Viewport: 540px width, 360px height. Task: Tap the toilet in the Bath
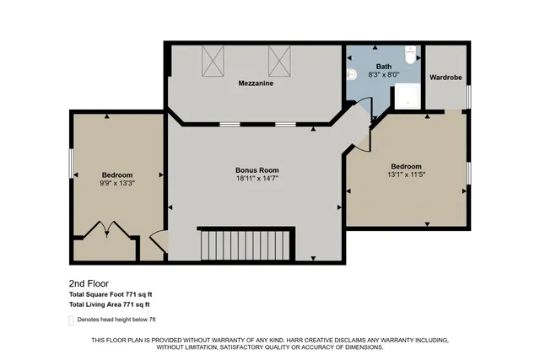pyautogui.click(x=410, y=56)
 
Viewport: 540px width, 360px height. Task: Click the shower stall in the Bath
pyautogui.click(x=408, y=97)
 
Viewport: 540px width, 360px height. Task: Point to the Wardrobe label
pyautogui.click(x=445, y=77)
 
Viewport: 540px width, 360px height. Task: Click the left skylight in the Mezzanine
pyautogui.click(x=212, y=60)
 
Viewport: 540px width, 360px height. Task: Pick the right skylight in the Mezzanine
pyautogui.click(x=279, y=60)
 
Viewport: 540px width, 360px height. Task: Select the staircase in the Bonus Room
pyautogui.click(x=246, y=244)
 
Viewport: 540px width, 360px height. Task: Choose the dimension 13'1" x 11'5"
pyautogui.click(x=406, y=175)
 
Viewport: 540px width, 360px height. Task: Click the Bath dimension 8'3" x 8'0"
pyautogui.click(x=384, y=75)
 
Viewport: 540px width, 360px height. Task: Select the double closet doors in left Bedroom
pyautogui.click(x=107, y=230)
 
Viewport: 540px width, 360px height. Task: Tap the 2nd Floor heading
pyautogui.click(x=88, y=284)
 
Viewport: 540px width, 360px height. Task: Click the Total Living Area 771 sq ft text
pyautogui.click(x=110, y=304)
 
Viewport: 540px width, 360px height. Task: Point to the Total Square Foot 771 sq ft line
pyautogui.click(x=110, y=294)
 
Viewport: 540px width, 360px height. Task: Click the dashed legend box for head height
pyautogui.click(x=71, y=320)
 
